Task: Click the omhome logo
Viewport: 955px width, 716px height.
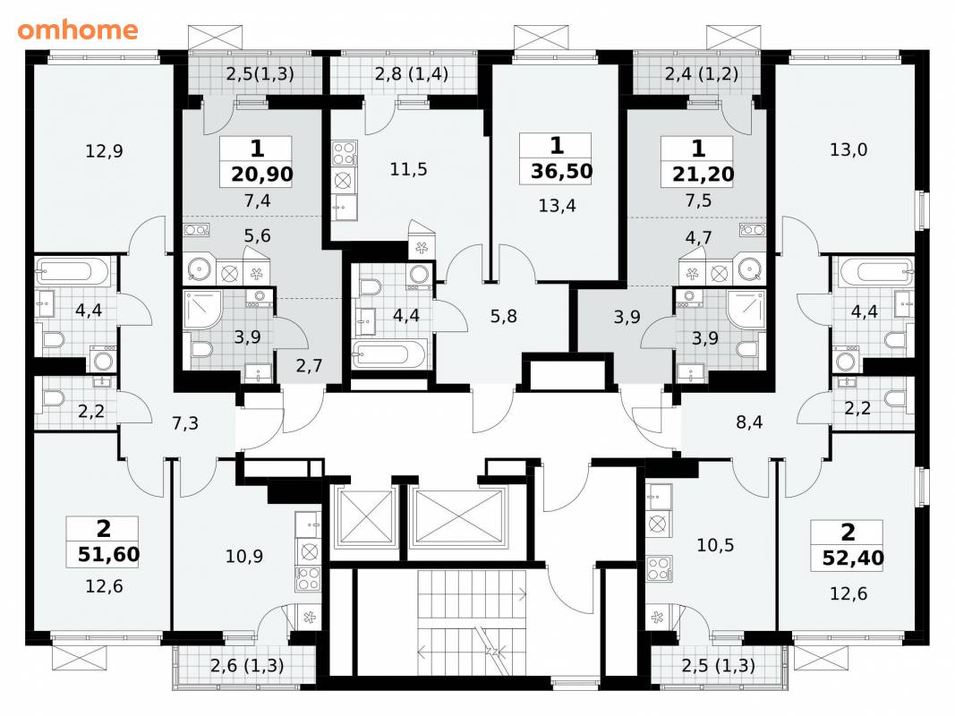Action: point(78,30)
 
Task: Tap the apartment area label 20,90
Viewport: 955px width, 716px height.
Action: point(262,175)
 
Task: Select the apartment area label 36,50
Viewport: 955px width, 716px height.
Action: point(561,171)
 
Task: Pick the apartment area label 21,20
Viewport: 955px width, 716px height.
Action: point(703,175)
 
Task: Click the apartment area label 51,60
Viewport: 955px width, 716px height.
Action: point(109,555)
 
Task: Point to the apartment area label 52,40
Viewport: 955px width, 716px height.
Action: point(853,558)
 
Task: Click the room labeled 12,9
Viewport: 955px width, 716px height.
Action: point(104,150)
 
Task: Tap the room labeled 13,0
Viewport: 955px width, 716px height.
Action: point(848,149)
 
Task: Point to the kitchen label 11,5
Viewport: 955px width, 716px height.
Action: point(409,169)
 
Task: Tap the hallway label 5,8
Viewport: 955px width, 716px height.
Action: point(504,317)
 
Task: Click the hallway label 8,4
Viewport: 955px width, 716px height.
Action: point(749,422)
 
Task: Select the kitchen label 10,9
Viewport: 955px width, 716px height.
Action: point(244,556)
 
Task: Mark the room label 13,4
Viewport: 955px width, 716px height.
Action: point(557,206)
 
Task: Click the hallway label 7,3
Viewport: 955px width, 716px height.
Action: point(185,422)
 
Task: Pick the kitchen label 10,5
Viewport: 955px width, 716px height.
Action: point(715,545)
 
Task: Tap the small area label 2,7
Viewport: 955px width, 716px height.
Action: point(310,366)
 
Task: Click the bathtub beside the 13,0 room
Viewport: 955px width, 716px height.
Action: point(876,271)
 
